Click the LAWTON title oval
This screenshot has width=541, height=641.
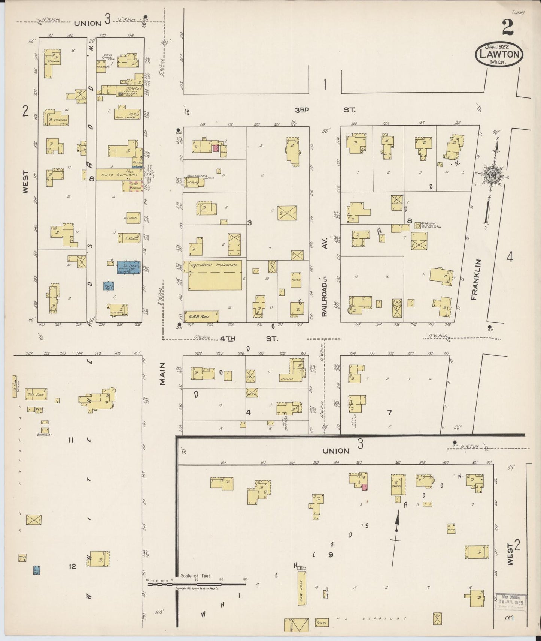coord(499,55)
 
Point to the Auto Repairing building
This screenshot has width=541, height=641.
coord(119,174)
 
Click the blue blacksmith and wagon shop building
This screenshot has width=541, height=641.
coord(128,267)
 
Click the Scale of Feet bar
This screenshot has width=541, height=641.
coord(197,584)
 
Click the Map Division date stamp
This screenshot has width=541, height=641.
coord(511,602)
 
